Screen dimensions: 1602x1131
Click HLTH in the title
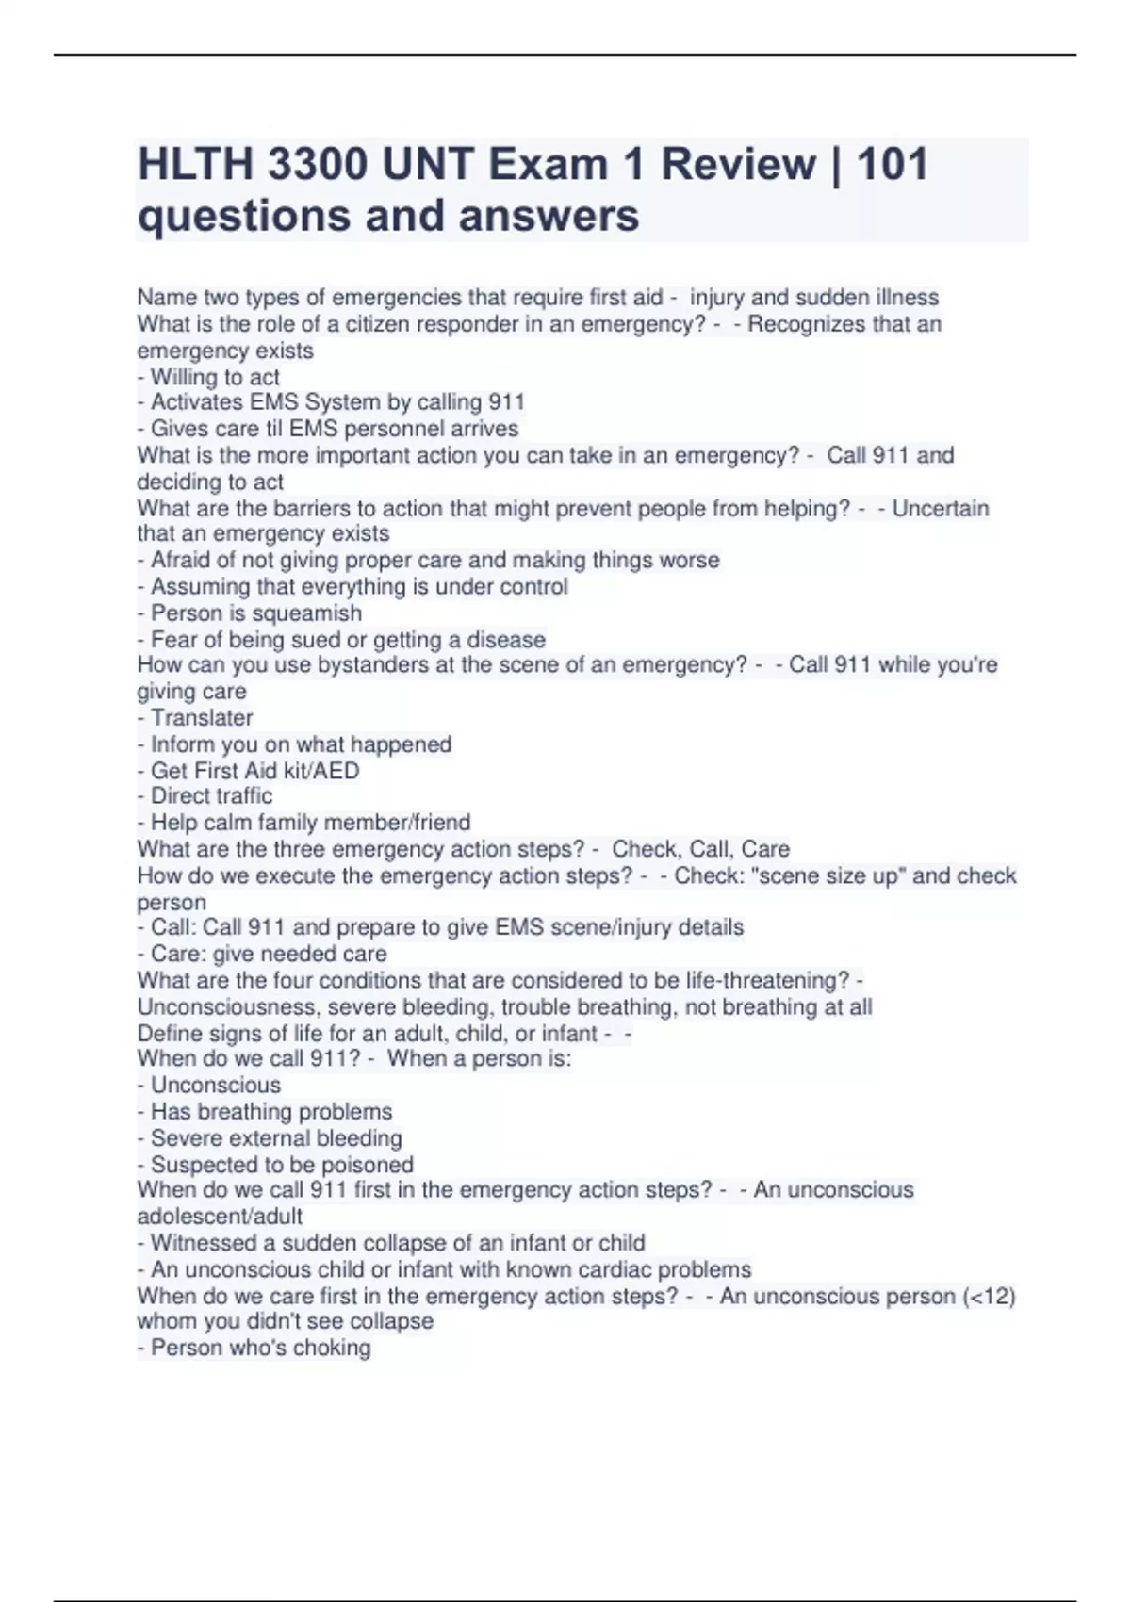(195, 164)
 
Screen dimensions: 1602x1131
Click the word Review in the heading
(738, 164)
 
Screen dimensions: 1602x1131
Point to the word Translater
(202, 718)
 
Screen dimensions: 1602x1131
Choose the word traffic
(242, 796)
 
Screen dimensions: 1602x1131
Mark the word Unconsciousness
(229, 1007)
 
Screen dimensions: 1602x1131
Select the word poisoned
(367, 1165)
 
